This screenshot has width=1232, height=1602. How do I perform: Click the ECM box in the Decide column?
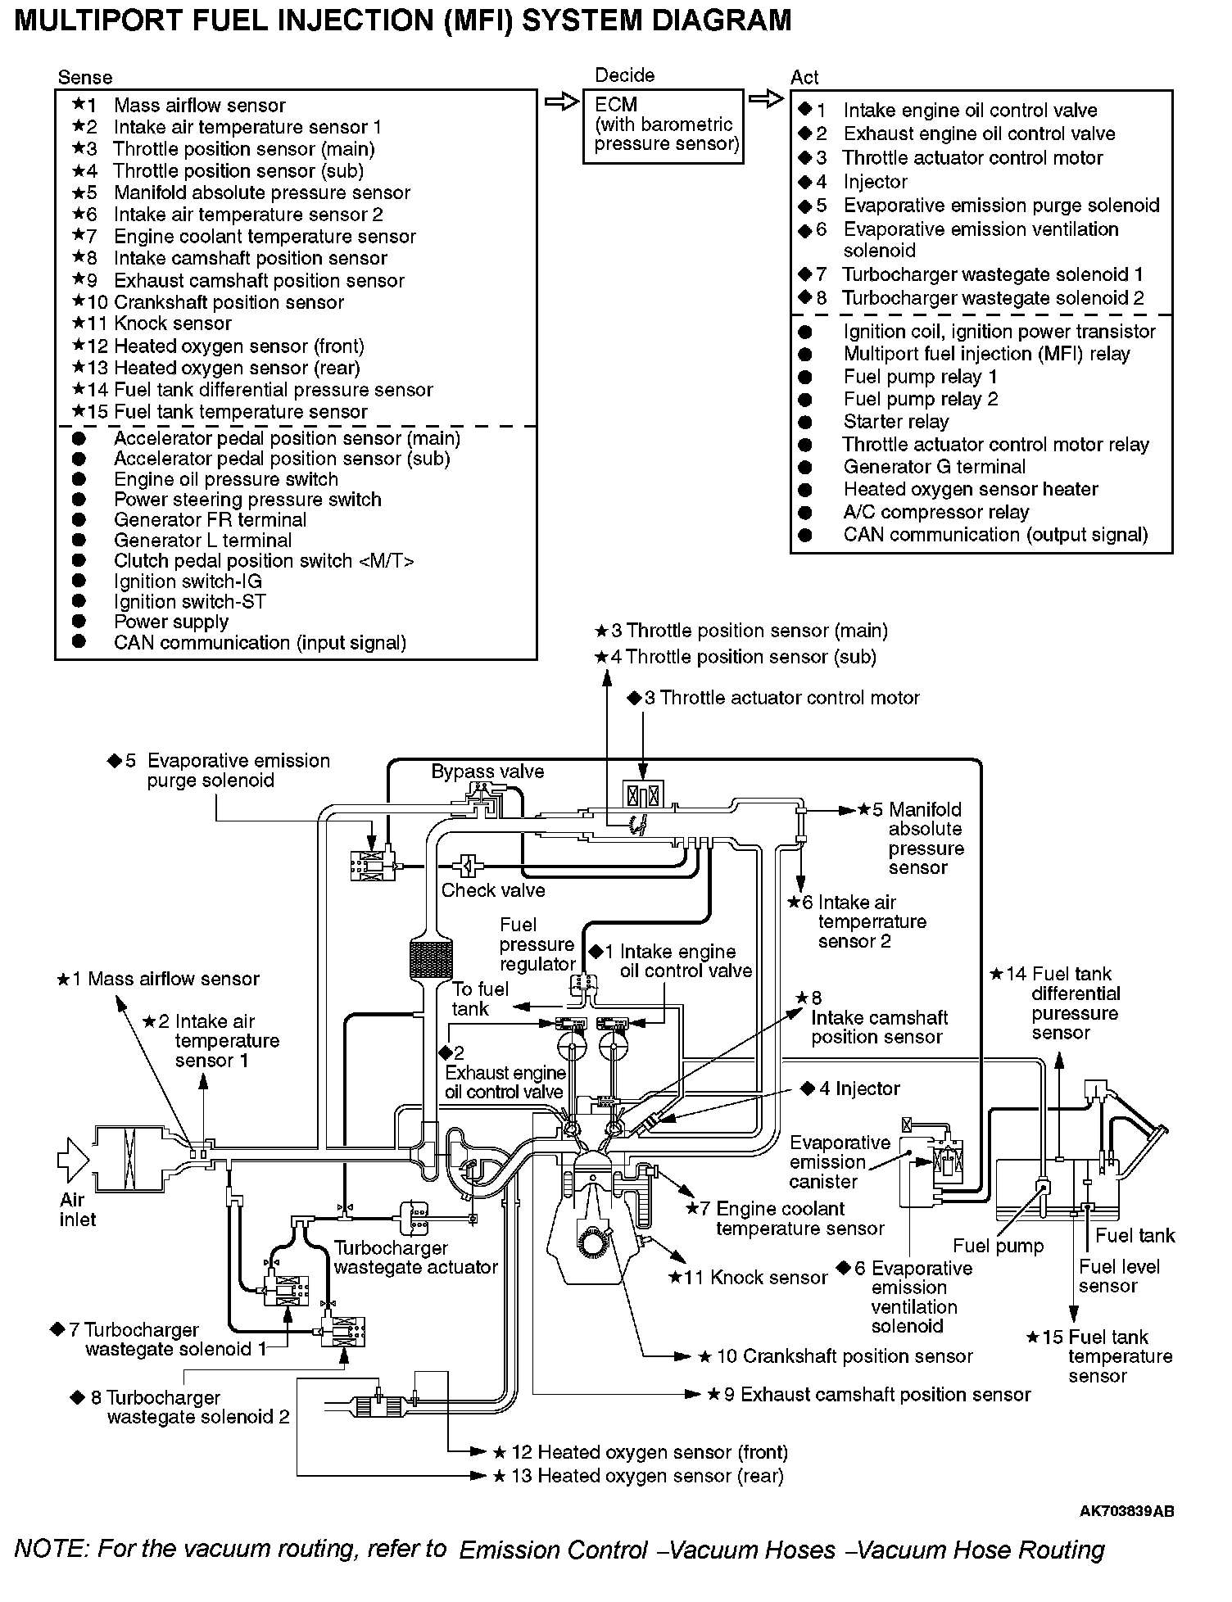pyautogui.click(x=663, y=126)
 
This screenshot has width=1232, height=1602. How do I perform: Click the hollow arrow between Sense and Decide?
pyautogui.click(x=561, y=102)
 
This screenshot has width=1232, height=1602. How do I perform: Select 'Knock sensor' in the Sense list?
pyautogui.click(x=172, y=324)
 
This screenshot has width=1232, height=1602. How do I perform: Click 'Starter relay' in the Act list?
pyautogui.click(x=895, y=422)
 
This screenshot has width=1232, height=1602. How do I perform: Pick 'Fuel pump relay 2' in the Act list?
pyautogui.click(x=920, y=399)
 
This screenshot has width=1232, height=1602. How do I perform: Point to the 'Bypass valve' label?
pyautogui.click(x=487, y=772)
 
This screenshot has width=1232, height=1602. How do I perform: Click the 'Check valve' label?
pyautogui.click(x=493, y=890)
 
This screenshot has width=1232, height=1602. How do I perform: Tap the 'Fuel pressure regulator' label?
pyautogui.click(x=537, y=944)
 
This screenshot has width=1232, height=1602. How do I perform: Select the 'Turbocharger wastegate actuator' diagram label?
pyautogui.click(x=415, y=1257)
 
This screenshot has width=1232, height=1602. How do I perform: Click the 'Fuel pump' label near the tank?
pyautogui.click(x=998, y=1247)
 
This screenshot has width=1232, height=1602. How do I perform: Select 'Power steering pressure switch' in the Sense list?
pyautogui.click(x=247, y=500)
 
